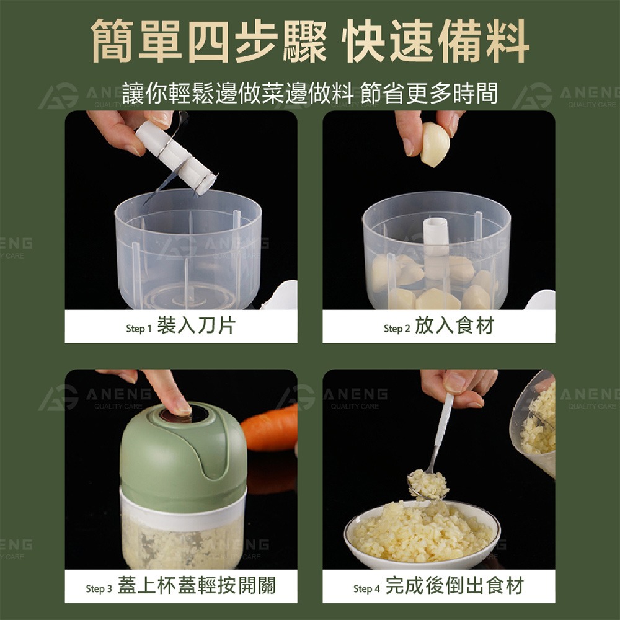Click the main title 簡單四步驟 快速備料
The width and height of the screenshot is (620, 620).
[310, 42]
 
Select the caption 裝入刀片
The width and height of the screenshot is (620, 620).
[196, 326]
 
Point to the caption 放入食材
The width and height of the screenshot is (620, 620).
[454, 326]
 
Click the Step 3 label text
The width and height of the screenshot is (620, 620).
[99, 588]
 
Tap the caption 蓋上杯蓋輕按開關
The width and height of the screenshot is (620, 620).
[197, 585]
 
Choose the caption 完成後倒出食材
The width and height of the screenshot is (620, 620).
[454, 585]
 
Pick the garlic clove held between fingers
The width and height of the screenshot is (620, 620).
[435, 144]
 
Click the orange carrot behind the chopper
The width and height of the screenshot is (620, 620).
[270, 428]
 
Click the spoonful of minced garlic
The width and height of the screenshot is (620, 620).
[428, 484]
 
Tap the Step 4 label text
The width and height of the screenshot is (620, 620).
[366, 588]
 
